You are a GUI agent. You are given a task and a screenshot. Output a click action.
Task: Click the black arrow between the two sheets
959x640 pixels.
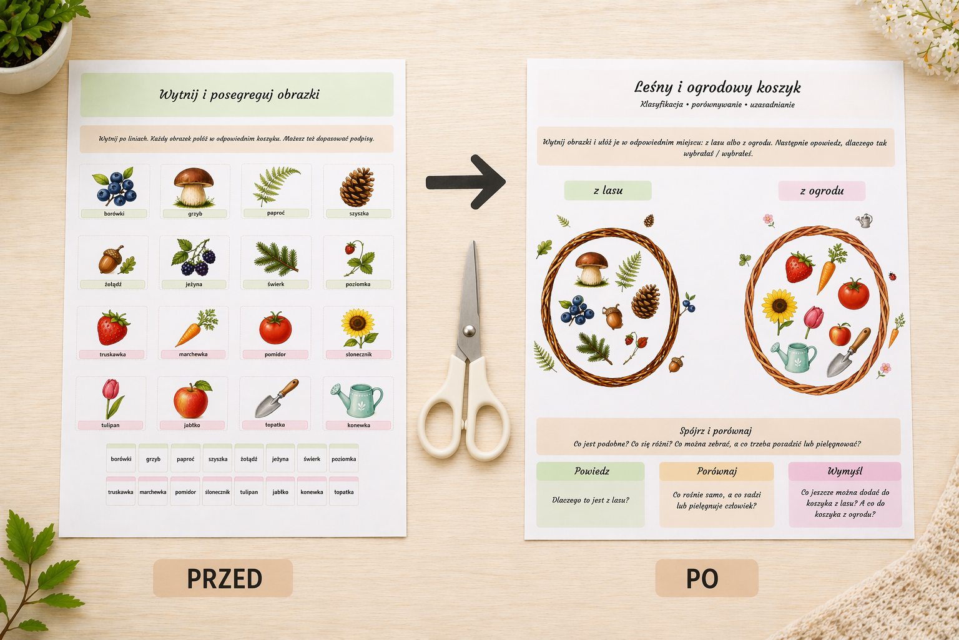466,182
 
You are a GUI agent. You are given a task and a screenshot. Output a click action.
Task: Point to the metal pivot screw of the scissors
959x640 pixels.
470,329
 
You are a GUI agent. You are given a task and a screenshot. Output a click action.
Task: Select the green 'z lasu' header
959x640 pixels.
607,191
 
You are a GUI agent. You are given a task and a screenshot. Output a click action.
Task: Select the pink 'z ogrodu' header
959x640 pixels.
822,191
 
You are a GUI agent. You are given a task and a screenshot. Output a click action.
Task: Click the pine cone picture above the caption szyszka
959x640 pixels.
357,187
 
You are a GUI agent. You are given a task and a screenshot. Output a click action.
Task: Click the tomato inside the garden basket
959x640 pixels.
853,294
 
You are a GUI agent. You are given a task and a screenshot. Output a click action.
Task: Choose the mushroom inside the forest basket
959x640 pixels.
592,269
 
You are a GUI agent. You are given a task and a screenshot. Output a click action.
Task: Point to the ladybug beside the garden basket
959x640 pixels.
893,276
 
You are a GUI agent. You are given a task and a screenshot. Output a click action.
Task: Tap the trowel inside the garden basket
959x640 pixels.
848,352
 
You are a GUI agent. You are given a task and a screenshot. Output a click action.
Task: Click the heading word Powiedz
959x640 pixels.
592,471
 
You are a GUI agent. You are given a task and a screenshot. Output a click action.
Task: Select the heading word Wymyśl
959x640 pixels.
845,471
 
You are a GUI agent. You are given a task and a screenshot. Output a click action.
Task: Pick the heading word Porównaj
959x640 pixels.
717,471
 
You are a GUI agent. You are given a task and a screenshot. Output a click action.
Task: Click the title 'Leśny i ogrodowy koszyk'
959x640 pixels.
717,87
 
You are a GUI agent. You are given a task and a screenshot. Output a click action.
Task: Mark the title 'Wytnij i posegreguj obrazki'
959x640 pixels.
239,95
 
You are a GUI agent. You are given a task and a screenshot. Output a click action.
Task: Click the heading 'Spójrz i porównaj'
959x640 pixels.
716,431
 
